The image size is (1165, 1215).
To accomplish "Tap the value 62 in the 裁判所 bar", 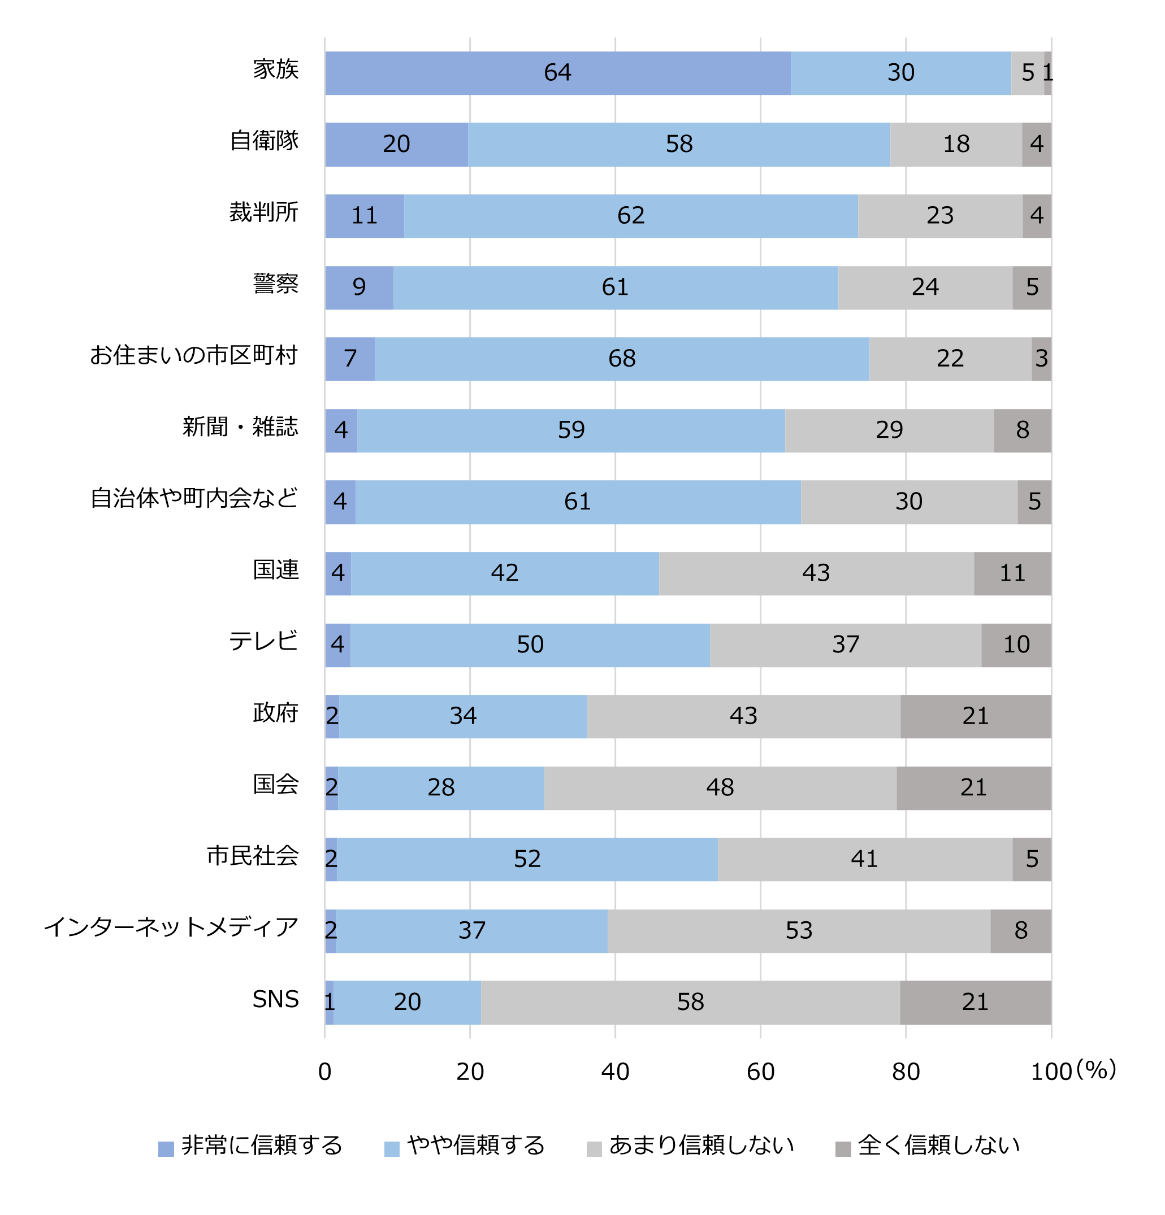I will (x=630, y=215).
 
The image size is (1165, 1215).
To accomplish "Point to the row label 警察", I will (x=275, y=284).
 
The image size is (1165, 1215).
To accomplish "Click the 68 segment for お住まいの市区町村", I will (x=621, y=358).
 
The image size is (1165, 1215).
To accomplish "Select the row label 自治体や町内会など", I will (x=194, y=498).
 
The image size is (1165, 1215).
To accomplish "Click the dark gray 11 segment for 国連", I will (x=1011, y=573).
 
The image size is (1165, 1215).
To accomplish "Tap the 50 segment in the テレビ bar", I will (x=529, y=644).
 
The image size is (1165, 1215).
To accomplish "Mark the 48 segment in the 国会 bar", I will (x=719, y=787).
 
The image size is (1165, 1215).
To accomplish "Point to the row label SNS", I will (x=275, y=999).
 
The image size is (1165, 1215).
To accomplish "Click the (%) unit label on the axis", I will (x=1095, y=1069).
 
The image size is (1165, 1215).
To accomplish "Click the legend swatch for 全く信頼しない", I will (x=842, y=1149).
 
